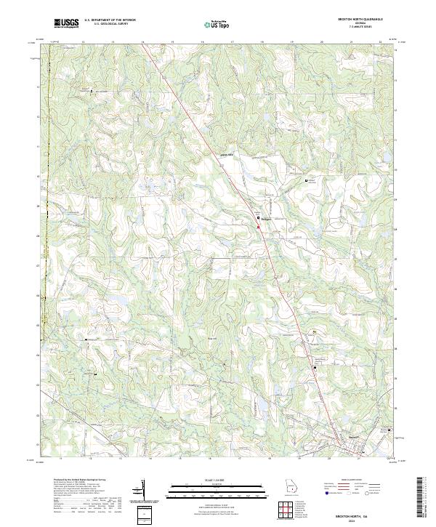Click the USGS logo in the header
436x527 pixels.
click(x=66, y=23)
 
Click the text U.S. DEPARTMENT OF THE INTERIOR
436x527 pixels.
click(x=110, y=21)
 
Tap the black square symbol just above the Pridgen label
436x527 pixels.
click(x=257, y=217)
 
